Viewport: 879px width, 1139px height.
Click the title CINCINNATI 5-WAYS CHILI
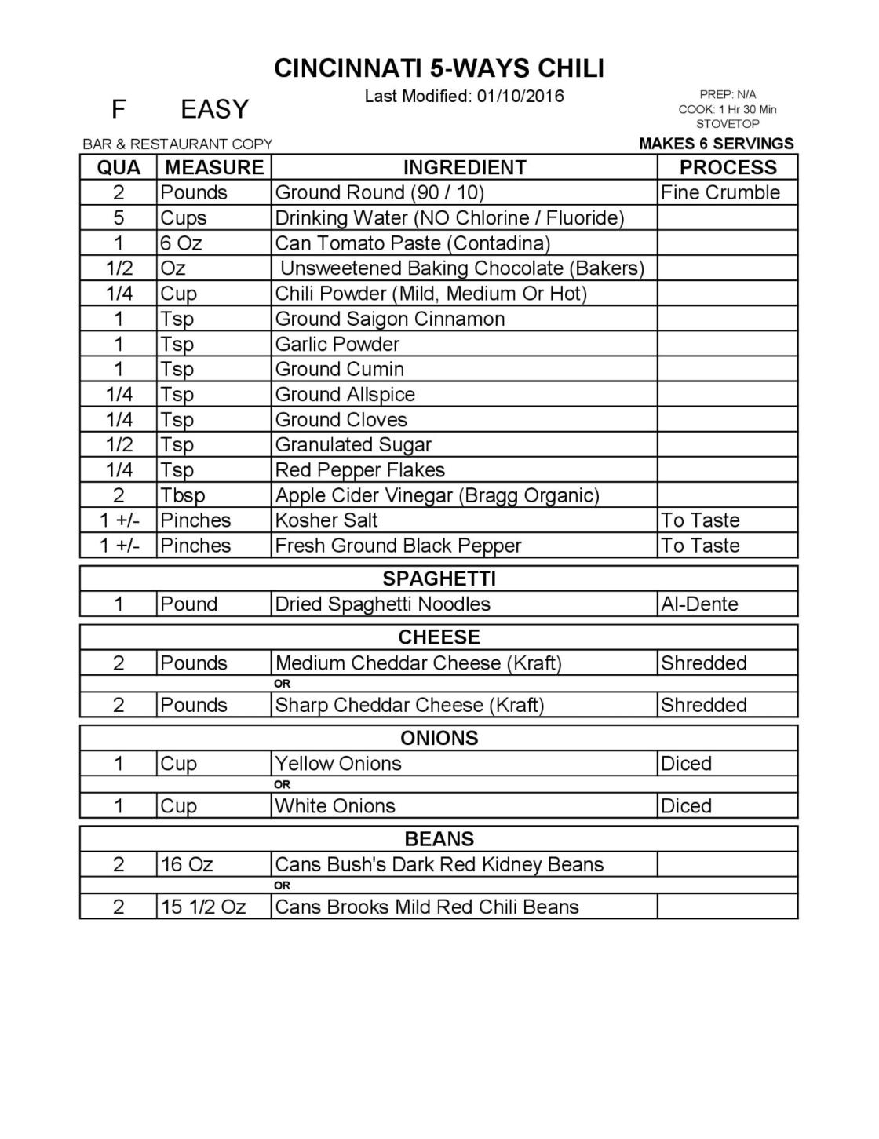tap(439, 69)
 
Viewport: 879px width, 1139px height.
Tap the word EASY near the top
tap(214, 109)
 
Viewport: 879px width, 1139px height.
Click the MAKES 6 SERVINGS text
tap(716, 144)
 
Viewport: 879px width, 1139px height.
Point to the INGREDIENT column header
tap(464, 167)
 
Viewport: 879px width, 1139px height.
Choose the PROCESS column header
tap(728, 167)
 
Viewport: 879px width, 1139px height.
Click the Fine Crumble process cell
tap(720, 193)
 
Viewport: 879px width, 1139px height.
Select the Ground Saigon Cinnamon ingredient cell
tap(390, 319)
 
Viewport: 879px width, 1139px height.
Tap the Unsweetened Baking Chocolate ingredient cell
tap(462, 268)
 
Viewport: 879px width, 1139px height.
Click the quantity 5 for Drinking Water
tap(119, 218)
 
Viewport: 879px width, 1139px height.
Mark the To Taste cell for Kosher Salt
tap(700, 520)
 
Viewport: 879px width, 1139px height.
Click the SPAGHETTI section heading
tap(439, 579)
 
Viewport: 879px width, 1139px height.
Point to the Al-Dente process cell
tap(699, 604)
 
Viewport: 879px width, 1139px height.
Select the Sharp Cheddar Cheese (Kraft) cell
tap(409, 705)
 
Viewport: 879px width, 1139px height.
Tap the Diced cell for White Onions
tap(686, 806)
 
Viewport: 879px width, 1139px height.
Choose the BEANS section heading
tap(439, 839)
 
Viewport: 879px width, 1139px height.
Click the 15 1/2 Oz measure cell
tap(202, 907)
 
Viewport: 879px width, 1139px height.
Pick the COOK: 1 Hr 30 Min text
tap(728, 110)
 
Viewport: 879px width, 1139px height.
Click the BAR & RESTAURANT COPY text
tap(177, 144)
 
